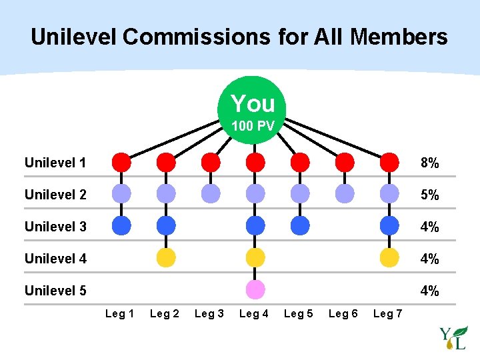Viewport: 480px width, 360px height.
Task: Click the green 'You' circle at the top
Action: (253, 106)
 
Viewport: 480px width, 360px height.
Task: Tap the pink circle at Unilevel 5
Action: (255, 289)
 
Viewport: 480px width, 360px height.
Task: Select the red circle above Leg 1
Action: (121, 162)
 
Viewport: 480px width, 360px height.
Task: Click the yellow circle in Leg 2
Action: (166, 257)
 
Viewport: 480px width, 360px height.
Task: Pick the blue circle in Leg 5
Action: (300, 225)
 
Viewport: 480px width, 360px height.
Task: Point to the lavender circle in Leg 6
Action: (345, 194)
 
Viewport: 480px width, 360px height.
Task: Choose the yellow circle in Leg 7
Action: (389, 257)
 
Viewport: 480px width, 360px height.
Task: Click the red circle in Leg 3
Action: (210, 162)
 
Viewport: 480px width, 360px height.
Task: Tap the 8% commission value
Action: (429, 163)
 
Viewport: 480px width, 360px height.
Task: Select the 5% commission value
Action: (429, 195)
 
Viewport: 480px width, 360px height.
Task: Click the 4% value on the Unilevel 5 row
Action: (429, 291)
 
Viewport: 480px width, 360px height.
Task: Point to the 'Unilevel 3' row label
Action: (55, 227)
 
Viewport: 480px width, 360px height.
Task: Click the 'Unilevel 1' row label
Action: (55, 163)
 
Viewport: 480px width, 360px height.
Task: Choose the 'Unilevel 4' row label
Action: (55, 259)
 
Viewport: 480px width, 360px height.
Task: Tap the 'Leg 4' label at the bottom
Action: (254, 314)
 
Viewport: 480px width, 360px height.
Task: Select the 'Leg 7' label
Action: (388, 314)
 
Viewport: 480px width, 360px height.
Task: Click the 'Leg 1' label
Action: (120, 314)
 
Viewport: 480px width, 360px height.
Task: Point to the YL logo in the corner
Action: (453, 338)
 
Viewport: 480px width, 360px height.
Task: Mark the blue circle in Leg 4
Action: (255, 225)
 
